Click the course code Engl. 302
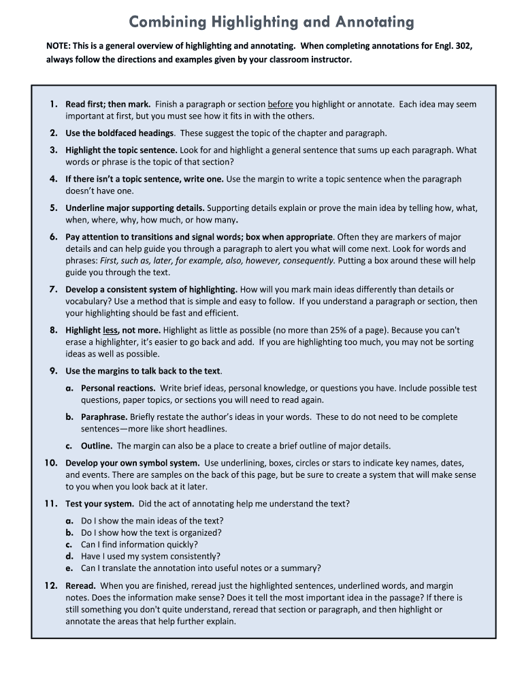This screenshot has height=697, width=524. (x=451, y=46)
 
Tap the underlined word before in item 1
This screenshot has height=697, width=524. (x=280, y=104)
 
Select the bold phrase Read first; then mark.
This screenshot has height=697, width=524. (x=108, y=104)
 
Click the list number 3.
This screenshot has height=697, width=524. (x=53, y=150)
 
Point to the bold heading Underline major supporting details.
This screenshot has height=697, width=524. (x=135, y=208)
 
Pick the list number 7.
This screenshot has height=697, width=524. (x=53, y=289)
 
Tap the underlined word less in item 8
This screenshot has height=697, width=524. (x=110, y=330)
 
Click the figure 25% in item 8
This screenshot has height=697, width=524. (x=333, y=330)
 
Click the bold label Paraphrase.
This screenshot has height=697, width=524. (x=104, y=417)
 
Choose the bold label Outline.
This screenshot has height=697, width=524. (x=97, y=446)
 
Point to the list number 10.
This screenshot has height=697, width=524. (x=50, y=463)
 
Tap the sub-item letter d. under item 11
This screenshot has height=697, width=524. (x=69, y=556)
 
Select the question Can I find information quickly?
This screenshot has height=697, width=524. (x=140, y=545)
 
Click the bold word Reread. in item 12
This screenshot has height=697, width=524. (x=80, y=585)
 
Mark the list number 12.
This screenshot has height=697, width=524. (x=50, y=585)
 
